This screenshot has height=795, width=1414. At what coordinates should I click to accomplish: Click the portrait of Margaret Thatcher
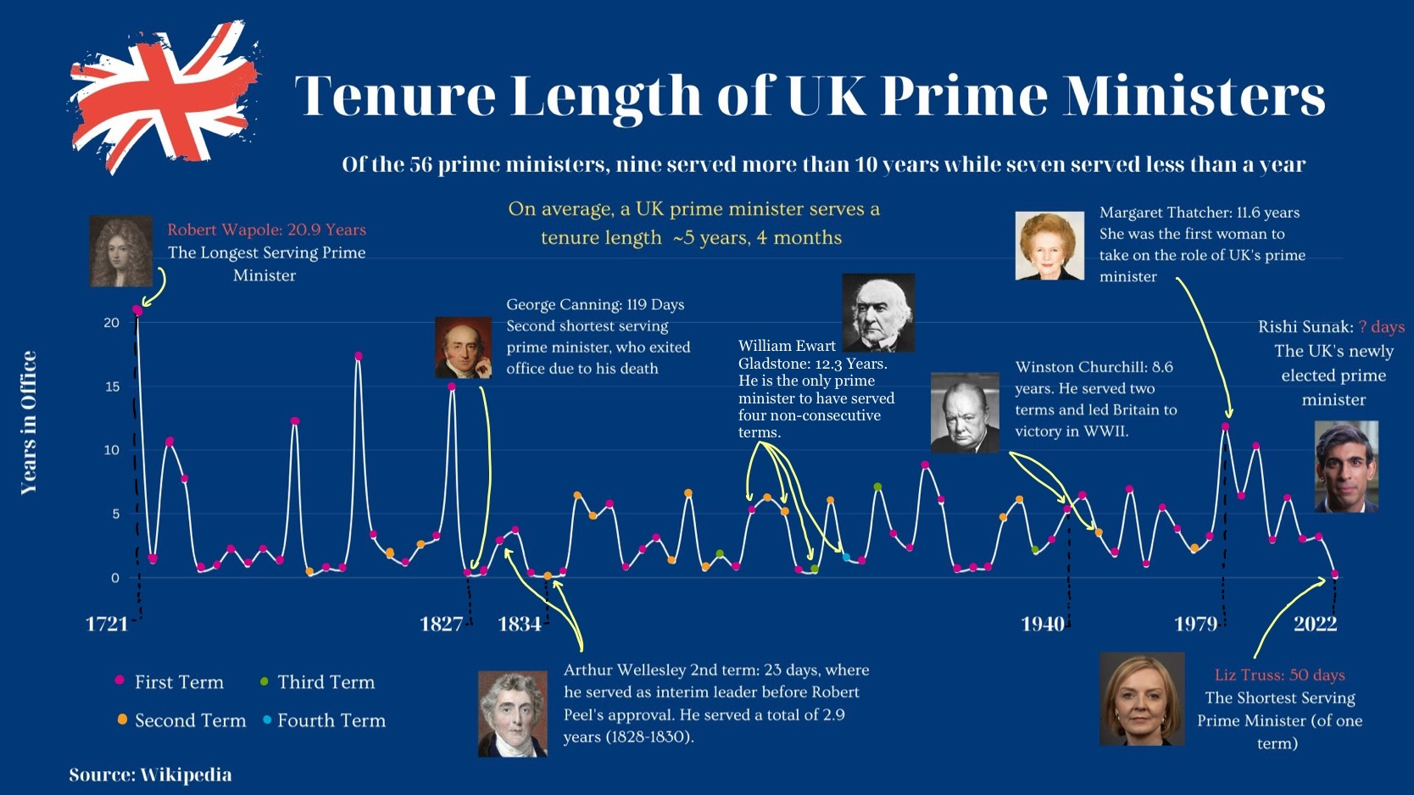tap(1049, 246)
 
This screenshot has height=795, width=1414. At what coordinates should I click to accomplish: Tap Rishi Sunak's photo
tap(1346, 466)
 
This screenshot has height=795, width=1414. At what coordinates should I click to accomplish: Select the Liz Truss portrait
tap(1142, 699)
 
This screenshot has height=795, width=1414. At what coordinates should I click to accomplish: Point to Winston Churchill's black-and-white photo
tap(965, 413)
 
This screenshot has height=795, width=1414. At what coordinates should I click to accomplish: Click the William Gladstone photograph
tap(878, 312)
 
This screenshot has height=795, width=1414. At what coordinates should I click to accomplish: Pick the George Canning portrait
tap(463, 347)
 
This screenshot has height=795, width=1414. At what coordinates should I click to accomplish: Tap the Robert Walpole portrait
tap(121, 251)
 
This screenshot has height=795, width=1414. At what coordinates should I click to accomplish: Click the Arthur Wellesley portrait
tap(513, 714)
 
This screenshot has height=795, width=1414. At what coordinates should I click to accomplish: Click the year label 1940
tap(1043, 625)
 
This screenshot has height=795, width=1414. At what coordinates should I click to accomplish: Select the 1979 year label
tap(1195, 625)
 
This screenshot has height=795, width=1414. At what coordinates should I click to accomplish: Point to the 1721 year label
tap(107, 625)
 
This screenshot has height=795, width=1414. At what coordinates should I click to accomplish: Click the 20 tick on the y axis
tap(111, 323)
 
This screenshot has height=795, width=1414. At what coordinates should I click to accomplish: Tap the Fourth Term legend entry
tap(331, 720)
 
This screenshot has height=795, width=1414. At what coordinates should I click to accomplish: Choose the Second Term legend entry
tap(189, 720)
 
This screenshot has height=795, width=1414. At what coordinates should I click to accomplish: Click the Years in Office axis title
tap(29, 422)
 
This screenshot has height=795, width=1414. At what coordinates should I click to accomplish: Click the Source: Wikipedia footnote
tap(150, 775)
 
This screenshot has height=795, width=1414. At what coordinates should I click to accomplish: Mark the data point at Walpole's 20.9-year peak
tap(137, 311)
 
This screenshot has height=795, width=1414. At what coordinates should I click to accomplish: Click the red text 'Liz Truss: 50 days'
tap(1279, 675)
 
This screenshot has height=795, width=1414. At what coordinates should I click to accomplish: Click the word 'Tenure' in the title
tap(394, 95)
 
